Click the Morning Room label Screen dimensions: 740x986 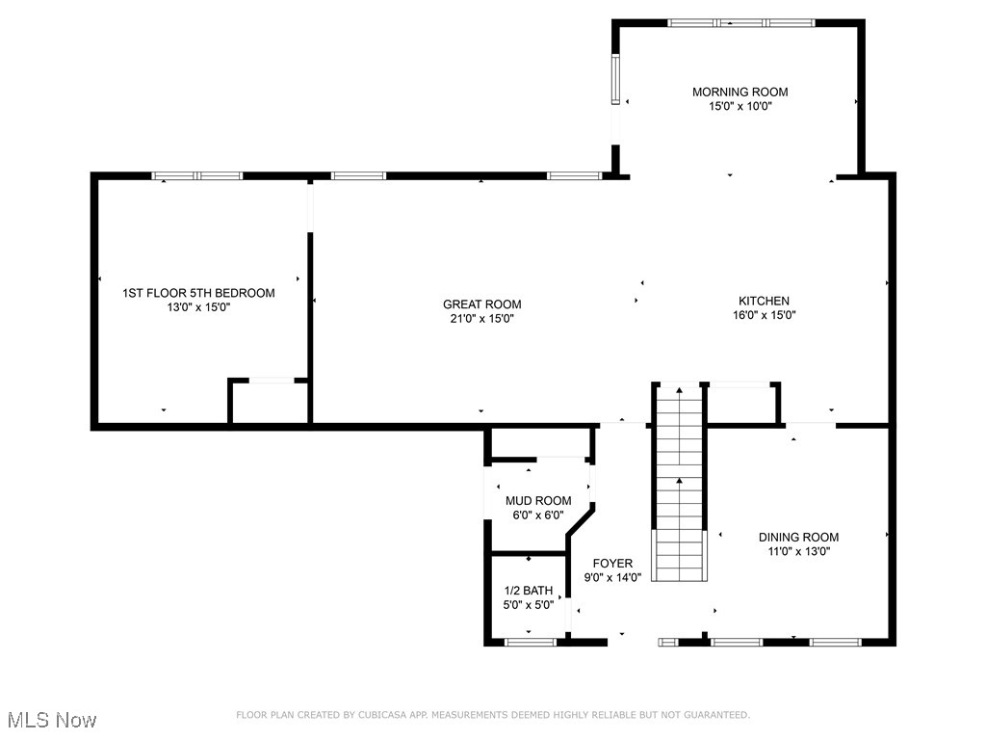coord(739,92)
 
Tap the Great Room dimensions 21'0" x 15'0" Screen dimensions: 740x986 coord(481,319)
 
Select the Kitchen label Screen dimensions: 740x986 coord(764,301)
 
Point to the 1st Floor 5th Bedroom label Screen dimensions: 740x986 coord(198,293)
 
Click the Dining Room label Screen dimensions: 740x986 coord(798,538)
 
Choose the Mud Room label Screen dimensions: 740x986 coord(538,501)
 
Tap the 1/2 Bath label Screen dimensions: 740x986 coord(529,591)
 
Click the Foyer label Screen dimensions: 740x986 coord(612,564)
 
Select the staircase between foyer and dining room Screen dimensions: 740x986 coord(680,482)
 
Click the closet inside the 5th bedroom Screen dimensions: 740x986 coord(270,402)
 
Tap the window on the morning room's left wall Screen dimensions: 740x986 coord(616,78)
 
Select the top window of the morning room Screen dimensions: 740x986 coord(741,22)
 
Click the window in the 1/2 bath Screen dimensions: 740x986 coord(531,642)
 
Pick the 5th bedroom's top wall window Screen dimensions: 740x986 coord(197,176)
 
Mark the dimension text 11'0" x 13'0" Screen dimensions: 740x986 coord(798,552)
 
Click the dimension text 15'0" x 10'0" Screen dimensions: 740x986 coord(739,107)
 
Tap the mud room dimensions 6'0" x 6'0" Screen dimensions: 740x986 coord(538,515)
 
